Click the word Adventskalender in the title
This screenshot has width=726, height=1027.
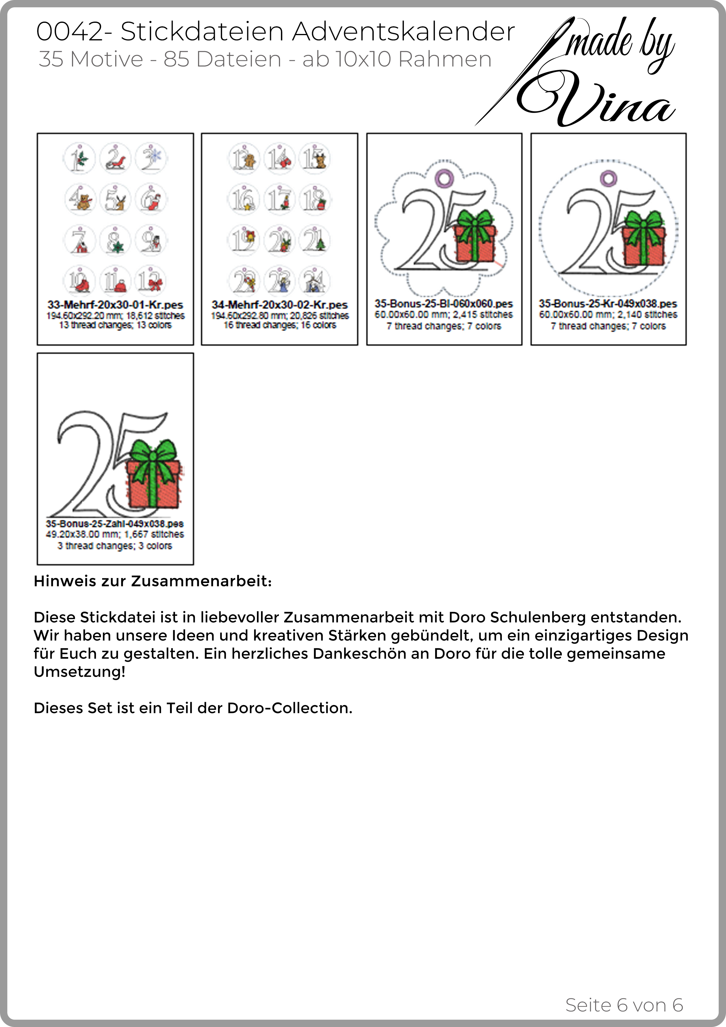pyautogui.click(x=404, y=32)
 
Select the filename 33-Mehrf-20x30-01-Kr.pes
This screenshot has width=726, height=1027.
pyautogui.click(x=115, y=305)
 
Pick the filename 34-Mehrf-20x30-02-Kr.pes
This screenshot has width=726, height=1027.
pyautogui.click(x=279, y=305)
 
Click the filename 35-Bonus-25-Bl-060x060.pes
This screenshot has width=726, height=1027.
pyautogui.click(x=444, y=304)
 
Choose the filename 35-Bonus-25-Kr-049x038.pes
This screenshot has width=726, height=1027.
pyautogui.click(x=608, y=304)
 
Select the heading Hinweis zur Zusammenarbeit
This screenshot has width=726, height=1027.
pyautogui.click(x=152, y=582)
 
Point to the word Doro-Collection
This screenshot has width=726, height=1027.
pyautogui.click(x=289, y=708)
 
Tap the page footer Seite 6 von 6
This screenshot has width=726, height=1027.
pyautogui.click(x=624, y=1005)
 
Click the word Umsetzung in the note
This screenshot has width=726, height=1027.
pyautogui.click(x=79, y=672)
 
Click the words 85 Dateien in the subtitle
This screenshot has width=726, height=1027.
pyautogui.click(x=222, y=59)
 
